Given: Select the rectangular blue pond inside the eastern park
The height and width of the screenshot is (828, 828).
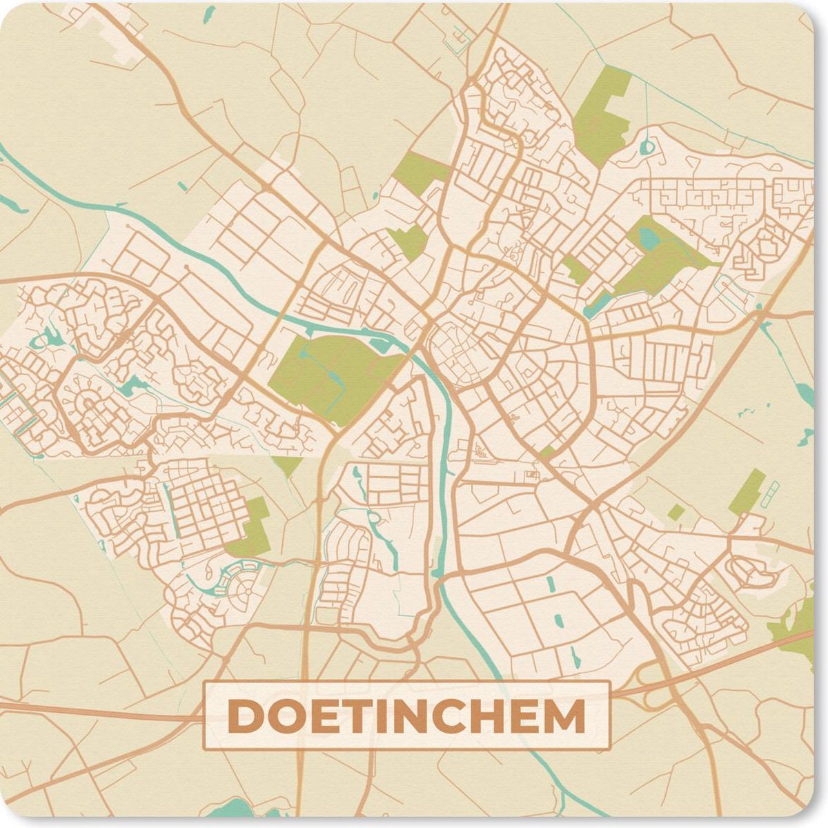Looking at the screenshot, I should click(649, 238).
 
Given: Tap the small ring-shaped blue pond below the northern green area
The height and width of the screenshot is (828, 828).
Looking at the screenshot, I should click(647, 146).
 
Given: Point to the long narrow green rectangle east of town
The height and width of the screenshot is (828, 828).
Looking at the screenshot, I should click(747, 491).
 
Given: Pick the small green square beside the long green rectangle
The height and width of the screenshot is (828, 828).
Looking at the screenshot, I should click(676, 512).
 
